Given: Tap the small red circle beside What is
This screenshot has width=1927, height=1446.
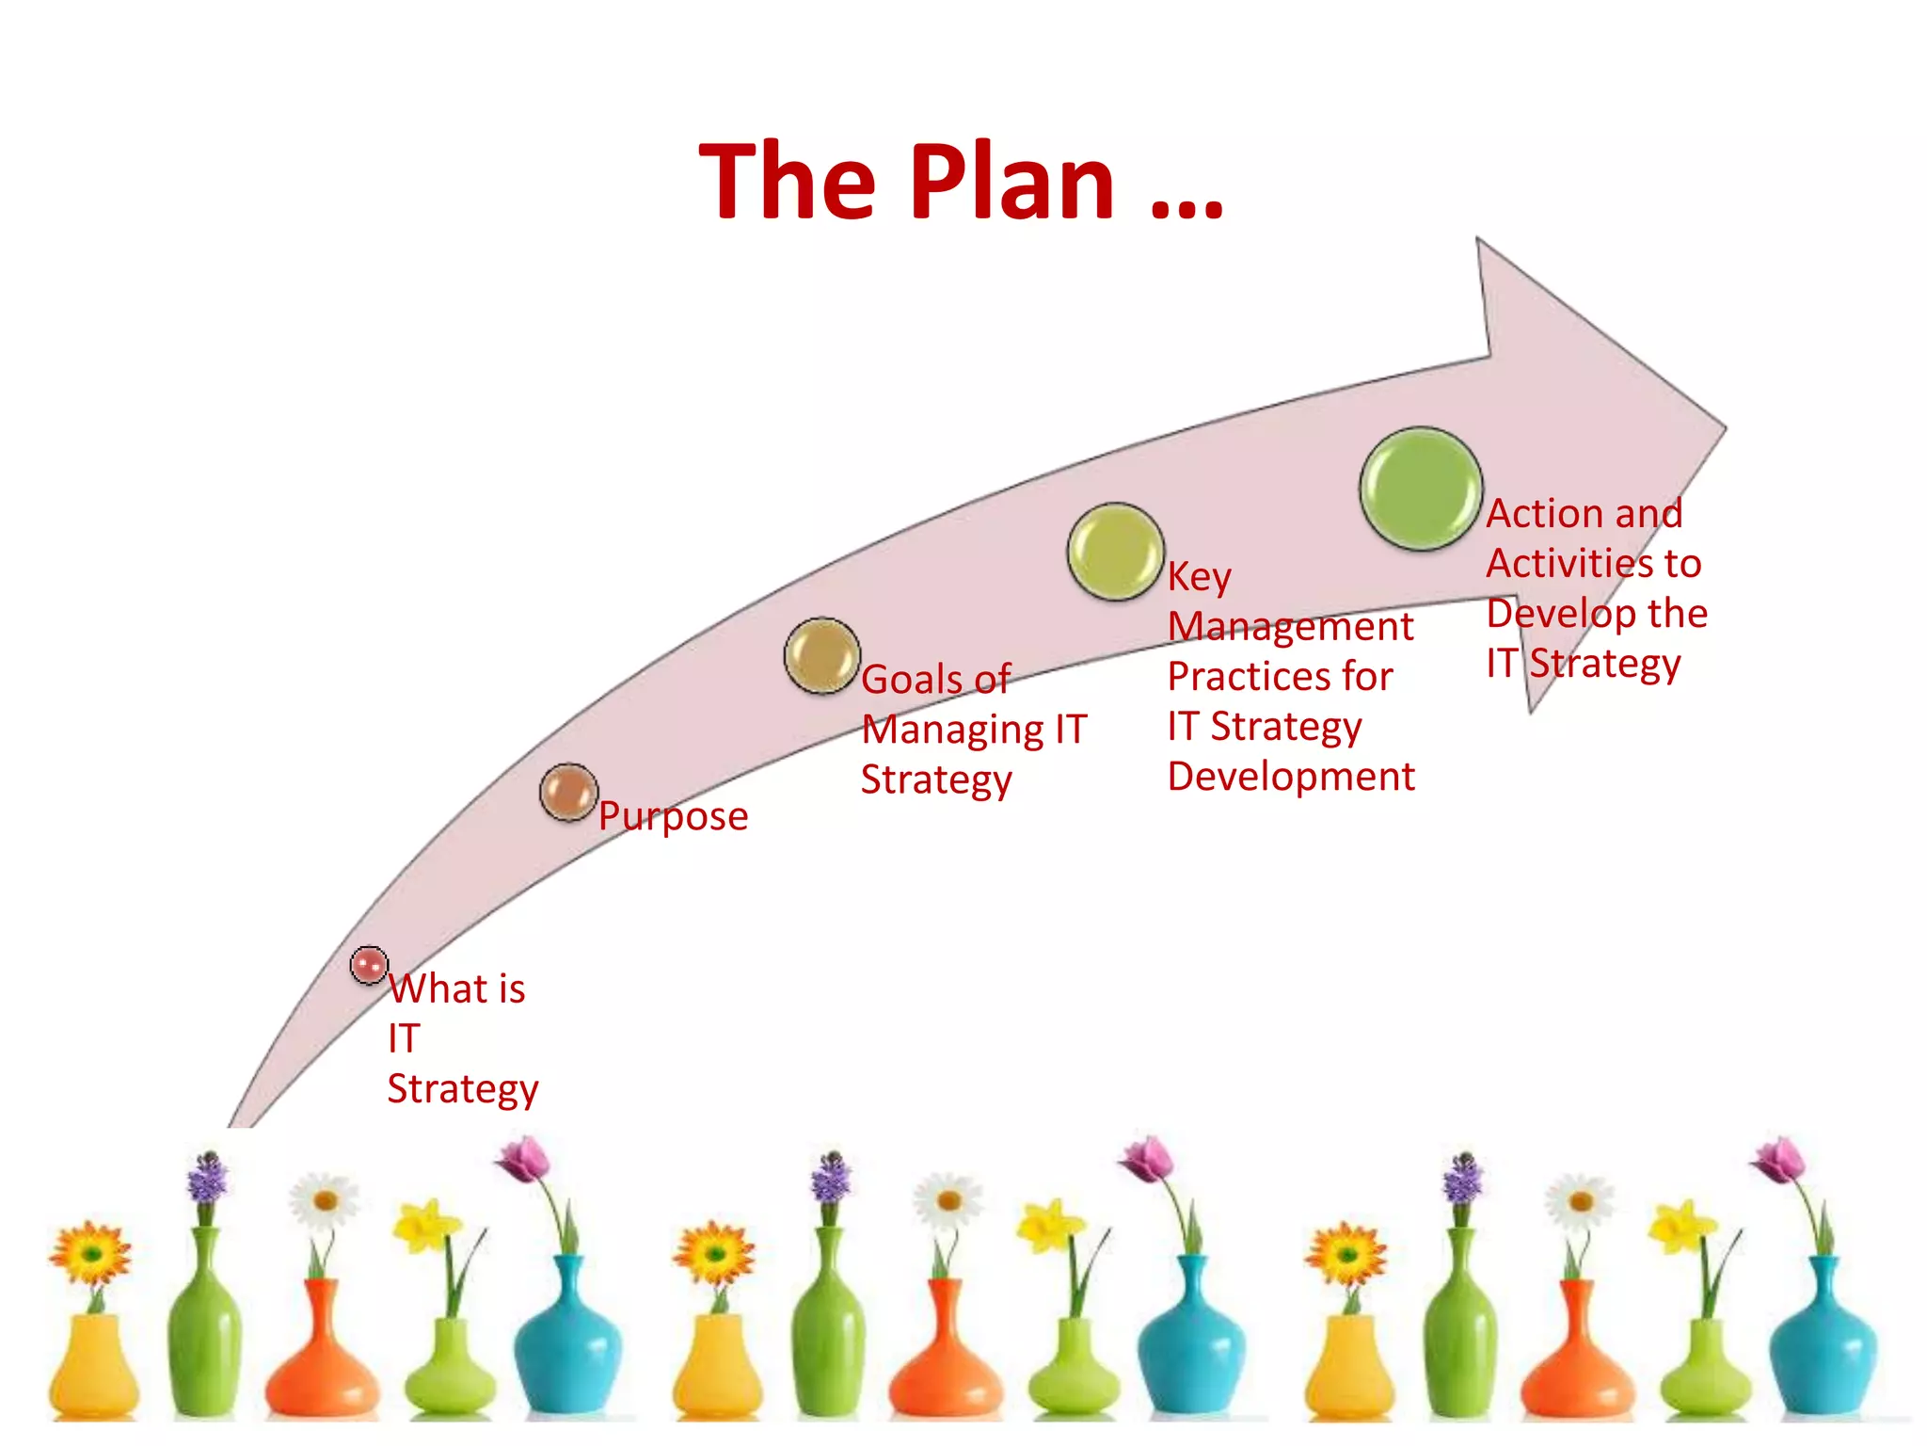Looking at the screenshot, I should pyautogui.click(x=369, y=965).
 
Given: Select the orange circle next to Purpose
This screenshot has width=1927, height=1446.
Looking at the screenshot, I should pyautogui.click(x=568, y=793).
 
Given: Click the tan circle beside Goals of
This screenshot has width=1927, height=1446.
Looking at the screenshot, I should pyautogui.click(x=821, y=656).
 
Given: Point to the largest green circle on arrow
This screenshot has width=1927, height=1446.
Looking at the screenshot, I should pyautogui.click(x=1421, y=489).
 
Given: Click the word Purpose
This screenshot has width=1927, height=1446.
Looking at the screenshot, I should pyautogui.click(x=673, y=816).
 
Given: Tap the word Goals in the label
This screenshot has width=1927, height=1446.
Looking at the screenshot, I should pyautogui.click(x=912, y=680).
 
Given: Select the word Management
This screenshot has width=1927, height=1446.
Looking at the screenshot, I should pyautogui.click(x=1290, y=627).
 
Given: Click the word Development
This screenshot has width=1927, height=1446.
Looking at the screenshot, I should pyautogui.click(x=1291, y=777).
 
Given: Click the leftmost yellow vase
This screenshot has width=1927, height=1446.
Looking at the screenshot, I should pyautogui.click(x=93, y=1365).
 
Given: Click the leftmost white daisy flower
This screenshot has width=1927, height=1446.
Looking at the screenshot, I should pyautogui.click(x=325, y=1200).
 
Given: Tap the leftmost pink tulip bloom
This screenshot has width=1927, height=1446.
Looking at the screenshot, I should pyautogui.click(x=524, y=1158).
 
